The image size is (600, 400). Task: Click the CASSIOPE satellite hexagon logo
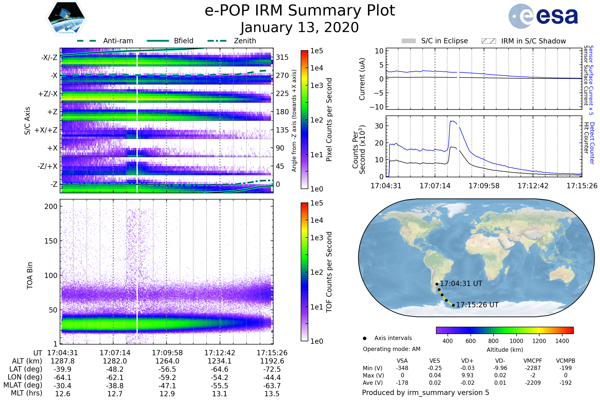(66, 18)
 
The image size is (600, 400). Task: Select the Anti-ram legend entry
(118, 41)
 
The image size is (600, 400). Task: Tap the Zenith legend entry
(245, 41)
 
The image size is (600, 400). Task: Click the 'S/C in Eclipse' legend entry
(444, 41)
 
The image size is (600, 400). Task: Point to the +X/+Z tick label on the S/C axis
(46, 130)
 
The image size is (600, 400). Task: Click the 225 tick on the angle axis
(282, 93)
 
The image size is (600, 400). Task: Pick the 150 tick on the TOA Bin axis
(51, 241)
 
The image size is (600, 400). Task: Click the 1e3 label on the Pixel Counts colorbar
(316, 86)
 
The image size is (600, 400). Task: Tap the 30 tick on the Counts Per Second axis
(379, 126)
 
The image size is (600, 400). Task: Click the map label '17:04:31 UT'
(461, 284)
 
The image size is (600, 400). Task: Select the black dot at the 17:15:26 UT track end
(453, 305)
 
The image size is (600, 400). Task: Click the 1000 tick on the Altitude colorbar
(516, 341)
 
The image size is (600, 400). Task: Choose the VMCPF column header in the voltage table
(533, 361)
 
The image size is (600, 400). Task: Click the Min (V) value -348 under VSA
(402, 368)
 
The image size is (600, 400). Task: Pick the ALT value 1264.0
(167, 361)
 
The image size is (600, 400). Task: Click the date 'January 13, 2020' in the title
(300, 27)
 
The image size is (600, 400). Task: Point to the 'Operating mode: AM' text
(391, 349)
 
